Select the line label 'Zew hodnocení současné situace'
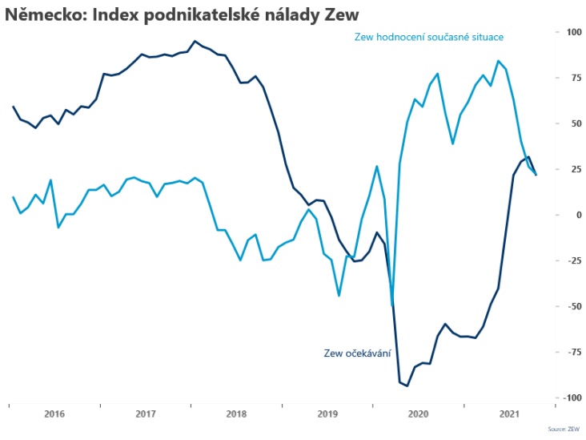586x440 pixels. (428, 37)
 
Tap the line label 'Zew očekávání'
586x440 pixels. (357, 353)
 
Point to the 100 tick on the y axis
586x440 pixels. (574, 32)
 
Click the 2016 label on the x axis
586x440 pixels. (54, 414)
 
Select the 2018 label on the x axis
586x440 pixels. (237, 414)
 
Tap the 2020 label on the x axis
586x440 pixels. (419, 414)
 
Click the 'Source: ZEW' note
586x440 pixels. (564, 430)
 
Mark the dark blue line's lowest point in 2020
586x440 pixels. (407, 386)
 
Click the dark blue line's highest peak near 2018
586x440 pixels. (195, 41)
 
